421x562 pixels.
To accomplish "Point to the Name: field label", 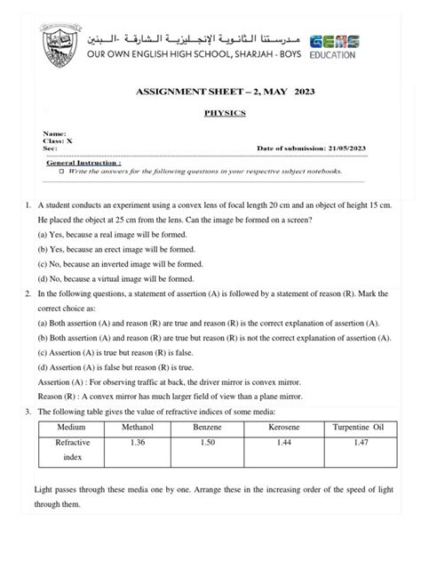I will point(57,132).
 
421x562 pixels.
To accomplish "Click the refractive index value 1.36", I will point(137,442).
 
